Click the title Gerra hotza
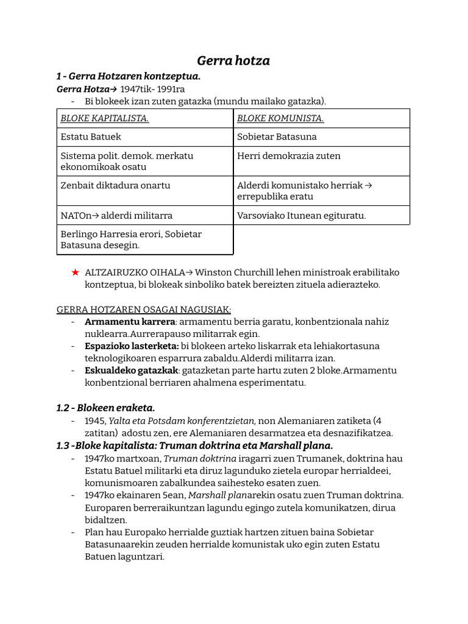click(x=233, y=60)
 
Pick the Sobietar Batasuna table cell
click(x=277, y=136)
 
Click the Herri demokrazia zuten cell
click(x=288, y=156)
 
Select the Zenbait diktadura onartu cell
click(x=115, y=185)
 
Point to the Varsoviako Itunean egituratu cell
click(x=301, y=215)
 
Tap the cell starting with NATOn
click(x=116, y=215)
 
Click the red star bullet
click(x=75, y=272)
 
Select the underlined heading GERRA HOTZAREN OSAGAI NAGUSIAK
click(x=144, y=309)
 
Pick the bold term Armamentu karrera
click(x=130, y=322)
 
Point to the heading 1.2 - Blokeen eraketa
click(x=105, y=408)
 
